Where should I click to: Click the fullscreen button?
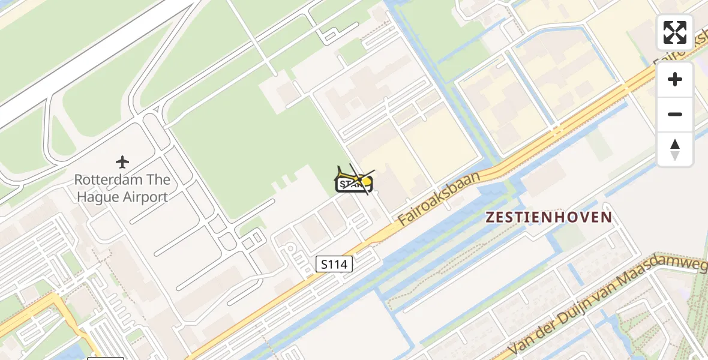click(x=675, y=32)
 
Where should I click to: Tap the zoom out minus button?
click(x=675, y=114)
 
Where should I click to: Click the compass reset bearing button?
click(x=675, y=149)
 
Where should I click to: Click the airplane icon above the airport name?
click(x=122, y=162)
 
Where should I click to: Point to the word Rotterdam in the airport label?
click(x=108, y=180)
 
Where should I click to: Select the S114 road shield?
click(x=334, y=264)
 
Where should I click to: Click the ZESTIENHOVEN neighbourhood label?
click(x=548, y=217)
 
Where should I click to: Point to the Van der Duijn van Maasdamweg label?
click(x=606, y=306)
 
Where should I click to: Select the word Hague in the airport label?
click(x=100, y=197)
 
